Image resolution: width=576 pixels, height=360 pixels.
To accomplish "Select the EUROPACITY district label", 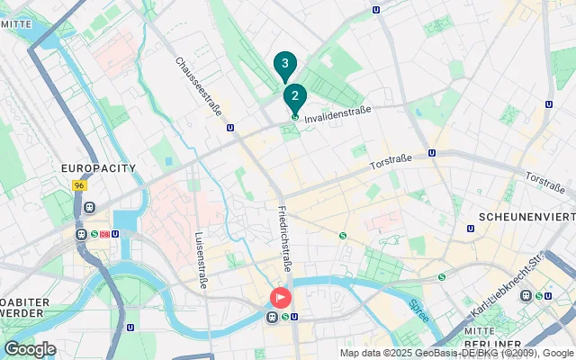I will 97,168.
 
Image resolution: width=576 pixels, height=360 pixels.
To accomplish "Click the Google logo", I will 30,348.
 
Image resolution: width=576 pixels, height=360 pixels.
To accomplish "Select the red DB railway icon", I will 105,235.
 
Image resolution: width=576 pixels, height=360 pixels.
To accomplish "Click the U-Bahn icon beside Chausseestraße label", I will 231,128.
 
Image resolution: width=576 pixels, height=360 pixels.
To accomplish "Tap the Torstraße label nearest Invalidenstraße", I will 391,162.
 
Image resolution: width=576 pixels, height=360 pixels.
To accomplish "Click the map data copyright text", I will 456,353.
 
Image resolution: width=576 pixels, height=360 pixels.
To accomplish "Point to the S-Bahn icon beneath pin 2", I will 294,116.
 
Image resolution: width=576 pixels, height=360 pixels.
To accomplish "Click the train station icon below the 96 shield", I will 89,207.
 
